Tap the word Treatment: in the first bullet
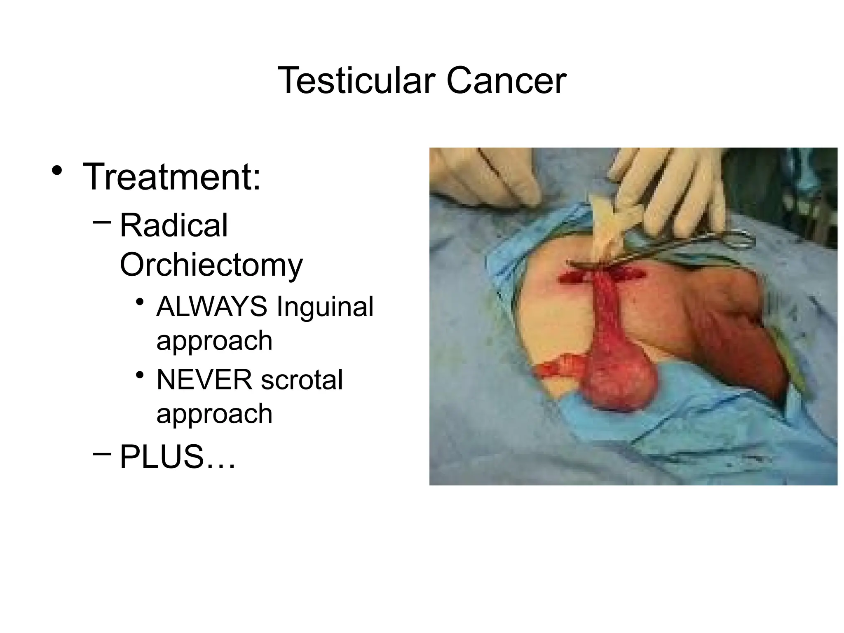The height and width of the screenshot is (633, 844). (x=172, y=177)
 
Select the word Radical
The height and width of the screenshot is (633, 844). (x=173, y=225)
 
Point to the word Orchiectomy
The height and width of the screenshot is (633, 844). (x=211, y=265)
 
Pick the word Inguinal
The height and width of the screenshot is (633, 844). (x=325, y=307)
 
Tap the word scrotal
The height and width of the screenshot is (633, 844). (x=302, y=380)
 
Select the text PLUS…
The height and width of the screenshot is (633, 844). (x=178, y=457)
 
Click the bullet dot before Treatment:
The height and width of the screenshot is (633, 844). (x=57, y=171)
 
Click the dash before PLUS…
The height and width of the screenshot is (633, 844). (x=102, y=454)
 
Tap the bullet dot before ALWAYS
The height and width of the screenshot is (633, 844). (x=140, y=302)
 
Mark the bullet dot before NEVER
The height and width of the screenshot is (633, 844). (x=140, y=375)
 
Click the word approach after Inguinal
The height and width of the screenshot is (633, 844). (x=214, y=341)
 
